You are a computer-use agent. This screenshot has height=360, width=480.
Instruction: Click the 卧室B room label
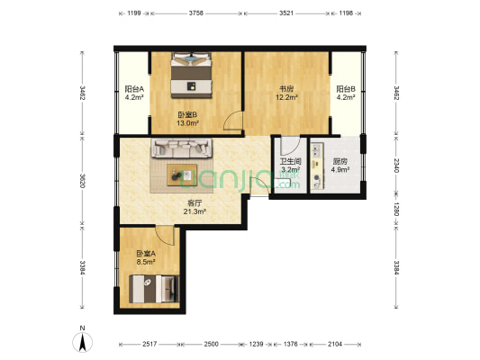click(187, 114)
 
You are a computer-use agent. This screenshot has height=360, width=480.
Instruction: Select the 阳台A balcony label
click(135, 89)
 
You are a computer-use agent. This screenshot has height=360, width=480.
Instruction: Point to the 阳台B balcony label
click(347, 89)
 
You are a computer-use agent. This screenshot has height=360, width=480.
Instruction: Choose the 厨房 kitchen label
click(317, 161)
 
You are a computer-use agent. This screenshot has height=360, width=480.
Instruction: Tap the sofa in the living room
click(183, 148)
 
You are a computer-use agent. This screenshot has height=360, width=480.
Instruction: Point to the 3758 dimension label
click(195, 14)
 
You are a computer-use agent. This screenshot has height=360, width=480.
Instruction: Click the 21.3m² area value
click(195, 212)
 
